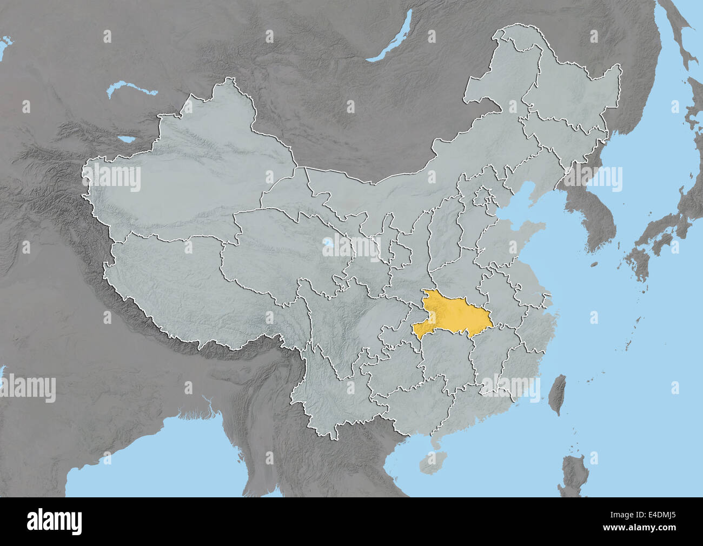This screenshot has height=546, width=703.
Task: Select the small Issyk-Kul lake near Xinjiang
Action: [x=128, y=139]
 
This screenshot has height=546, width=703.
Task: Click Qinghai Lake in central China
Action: [x=328, y=250]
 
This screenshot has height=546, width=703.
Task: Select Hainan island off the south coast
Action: [x=430, y=462]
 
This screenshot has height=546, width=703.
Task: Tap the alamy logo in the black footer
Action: [x=54, y=522]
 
